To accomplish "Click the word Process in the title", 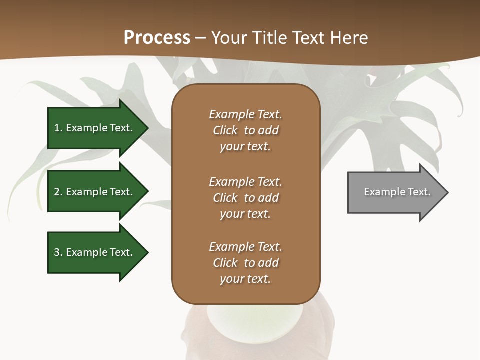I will pyautogui.click(x=157, y=38).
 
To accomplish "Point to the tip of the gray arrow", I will pyautogui.click(x=447, y=192).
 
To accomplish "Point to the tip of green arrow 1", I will pyautogui.click(x=148, y=128).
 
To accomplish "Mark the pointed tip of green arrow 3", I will pyautogui.click(x=148, y=252).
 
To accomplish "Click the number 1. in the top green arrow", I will pyautogui.click(x=58, y=128).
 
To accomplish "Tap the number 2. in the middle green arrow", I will pyautogui.click(x=58, y=192).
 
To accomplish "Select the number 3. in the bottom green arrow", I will pyautogui.click(x=58, y=252).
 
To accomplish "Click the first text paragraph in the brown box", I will pyautogui.click(x=245, y=130).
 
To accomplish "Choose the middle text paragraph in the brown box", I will pyautogui.click(x=245, y=197).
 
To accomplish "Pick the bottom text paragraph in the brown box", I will pyautogui.click(x=245, y=263).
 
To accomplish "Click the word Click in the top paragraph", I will pyautogui.click(x=225, y=130).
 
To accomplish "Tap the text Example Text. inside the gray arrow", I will pyautogui.click(x=397, y=192).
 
